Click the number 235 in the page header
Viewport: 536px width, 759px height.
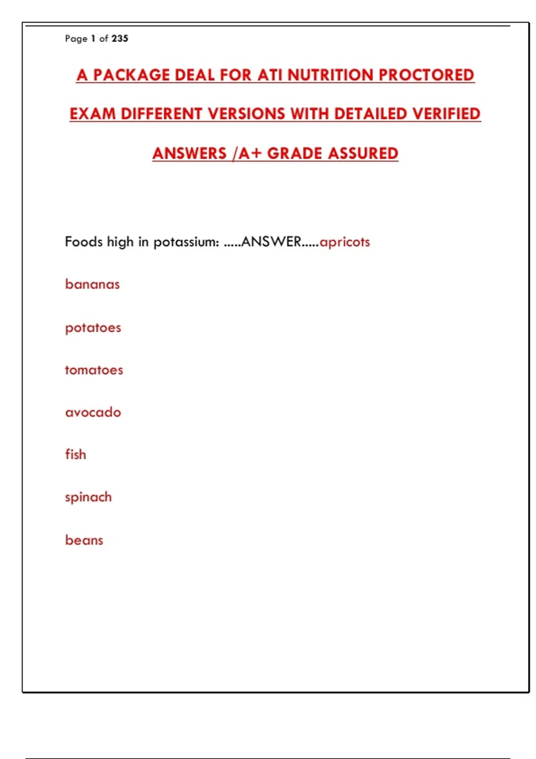120,38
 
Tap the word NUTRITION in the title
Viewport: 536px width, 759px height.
330,75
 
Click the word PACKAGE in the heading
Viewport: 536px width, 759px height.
131,75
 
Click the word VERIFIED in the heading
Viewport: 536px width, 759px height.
446,114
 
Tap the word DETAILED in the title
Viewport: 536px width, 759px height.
371,114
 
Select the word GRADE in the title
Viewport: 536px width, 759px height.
294,153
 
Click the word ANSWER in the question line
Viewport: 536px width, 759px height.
271,242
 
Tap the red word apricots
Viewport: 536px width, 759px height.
345,242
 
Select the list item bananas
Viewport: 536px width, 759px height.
92,284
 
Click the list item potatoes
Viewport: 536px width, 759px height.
93,328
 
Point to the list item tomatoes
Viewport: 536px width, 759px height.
94,370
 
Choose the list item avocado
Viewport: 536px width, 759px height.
93,412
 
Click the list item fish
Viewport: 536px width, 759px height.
75,455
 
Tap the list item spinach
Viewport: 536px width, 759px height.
88,497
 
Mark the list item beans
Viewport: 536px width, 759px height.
84,540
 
